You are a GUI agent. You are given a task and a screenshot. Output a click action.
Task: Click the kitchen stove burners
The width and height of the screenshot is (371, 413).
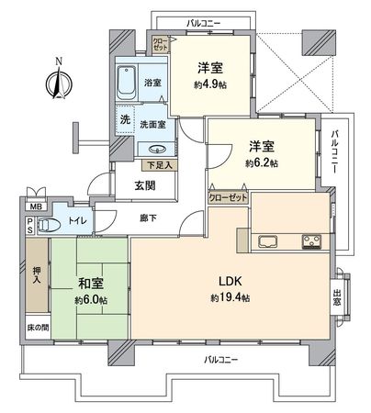click(310, 243)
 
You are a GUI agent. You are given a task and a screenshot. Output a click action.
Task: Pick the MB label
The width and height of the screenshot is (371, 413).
click(34, 208)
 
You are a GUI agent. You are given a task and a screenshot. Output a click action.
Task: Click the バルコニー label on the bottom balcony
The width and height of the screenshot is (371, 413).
click(221, 358)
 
